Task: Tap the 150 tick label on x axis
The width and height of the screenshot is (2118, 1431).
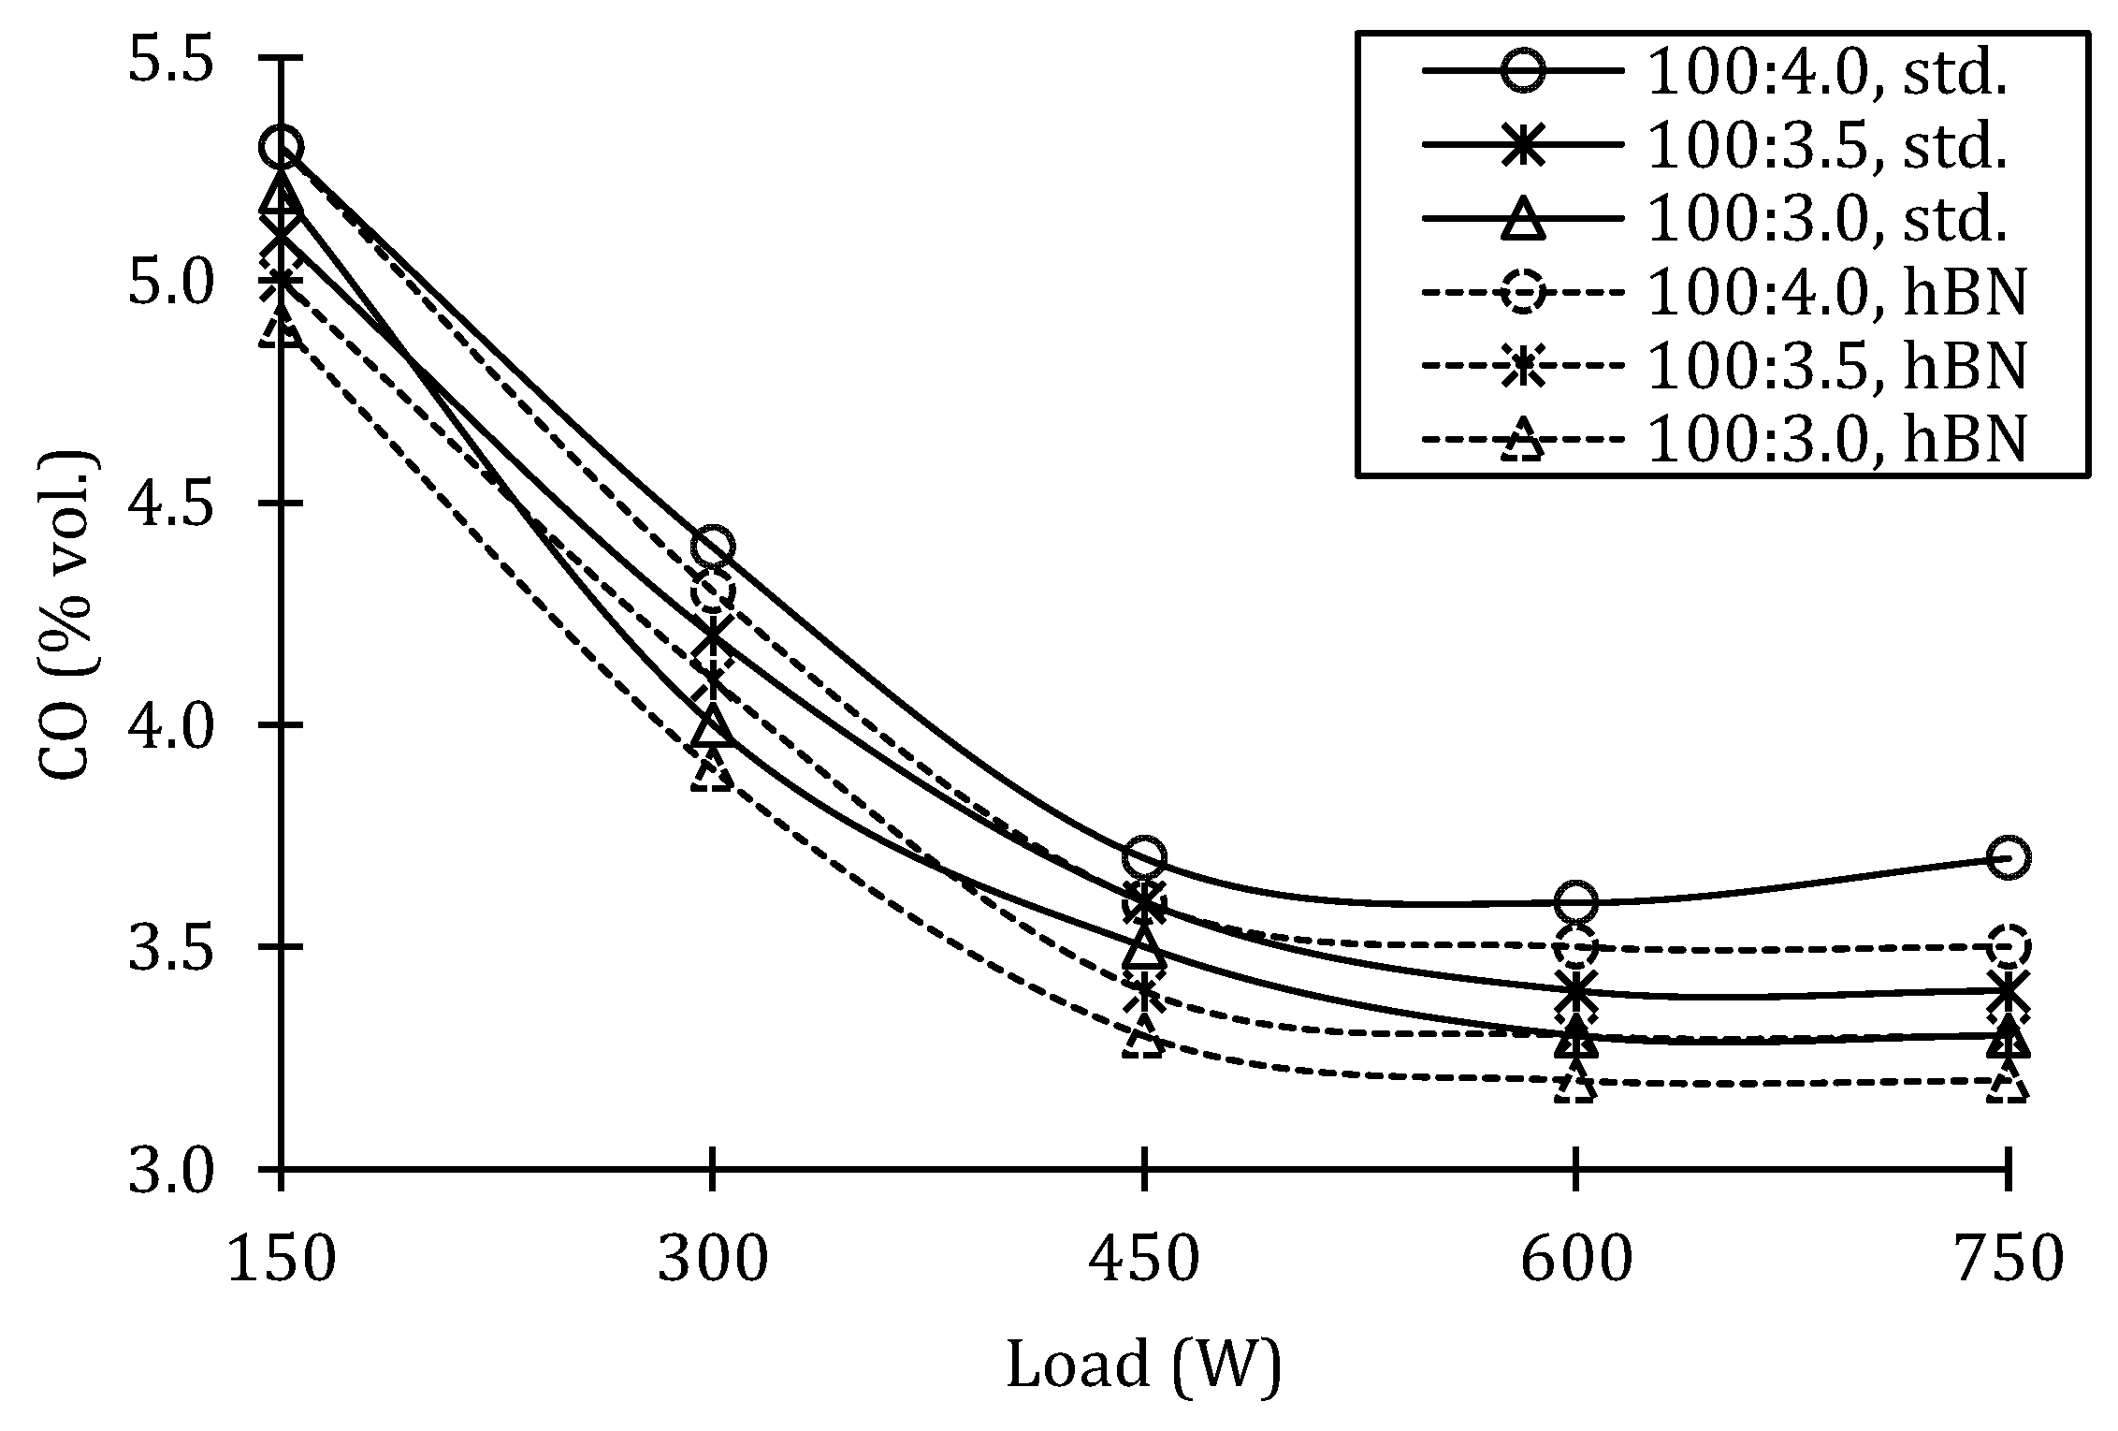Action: pos(281,1260)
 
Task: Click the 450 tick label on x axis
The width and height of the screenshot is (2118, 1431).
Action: pos(1144,1260)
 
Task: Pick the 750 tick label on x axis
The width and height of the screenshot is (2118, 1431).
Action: pos(2008,1260)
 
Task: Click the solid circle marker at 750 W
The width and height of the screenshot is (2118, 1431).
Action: pos(2008,857)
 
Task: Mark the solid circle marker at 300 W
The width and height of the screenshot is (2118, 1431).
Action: pos(713,547)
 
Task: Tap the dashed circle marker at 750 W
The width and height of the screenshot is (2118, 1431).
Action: pos(2008,946)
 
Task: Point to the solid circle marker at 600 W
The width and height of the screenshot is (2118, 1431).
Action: pos(1576,901)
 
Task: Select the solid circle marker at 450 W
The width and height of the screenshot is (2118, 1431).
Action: pos(1144,857)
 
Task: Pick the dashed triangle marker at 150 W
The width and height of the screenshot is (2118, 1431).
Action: pos(281,325)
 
